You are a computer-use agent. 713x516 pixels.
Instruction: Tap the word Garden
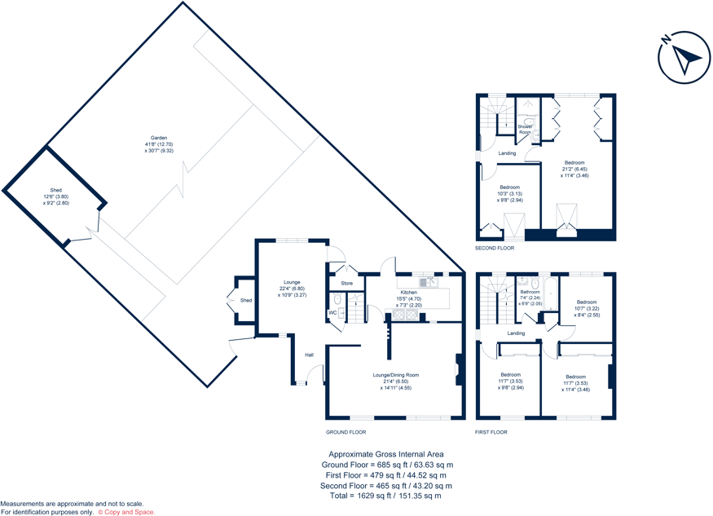158,138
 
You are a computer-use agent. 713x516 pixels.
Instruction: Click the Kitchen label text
408,292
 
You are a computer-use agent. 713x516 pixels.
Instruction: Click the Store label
346,284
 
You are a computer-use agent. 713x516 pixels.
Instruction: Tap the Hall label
310,355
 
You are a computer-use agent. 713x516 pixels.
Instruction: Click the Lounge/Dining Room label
395,375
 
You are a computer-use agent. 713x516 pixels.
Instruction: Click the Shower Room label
525,129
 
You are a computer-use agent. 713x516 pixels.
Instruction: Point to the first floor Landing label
516,333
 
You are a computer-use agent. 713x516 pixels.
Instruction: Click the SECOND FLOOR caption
495,248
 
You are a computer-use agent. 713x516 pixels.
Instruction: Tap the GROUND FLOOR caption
345,432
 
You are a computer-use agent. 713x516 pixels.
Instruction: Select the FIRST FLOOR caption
491,432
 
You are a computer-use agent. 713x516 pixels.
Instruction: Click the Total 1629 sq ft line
385,495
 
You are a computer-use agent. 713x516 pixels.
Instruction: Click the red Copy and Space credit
126,512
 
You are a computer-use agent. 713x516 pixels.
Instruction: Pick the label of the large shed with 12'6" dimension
56,190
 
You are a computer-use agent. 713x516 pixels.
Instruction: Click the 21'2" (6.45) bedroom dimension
574,170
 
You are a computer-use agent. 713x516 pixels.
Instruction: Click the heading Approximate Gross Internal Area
385,454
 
